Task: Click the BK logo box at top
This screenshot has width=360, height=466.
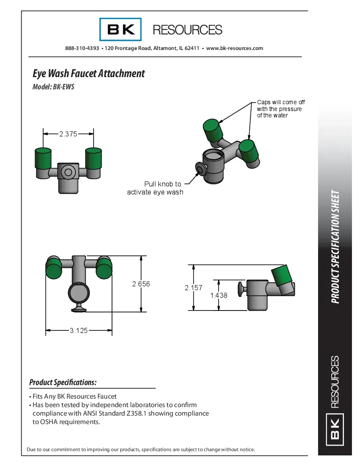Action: (120, 30)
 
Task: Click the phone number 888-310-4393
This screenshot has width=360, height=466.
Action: (82, 48)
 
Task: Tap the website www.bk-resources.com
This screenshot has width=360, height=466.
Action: (234, 48)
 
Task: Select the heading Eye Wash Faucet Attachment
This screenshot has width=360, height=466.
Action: (89, 74)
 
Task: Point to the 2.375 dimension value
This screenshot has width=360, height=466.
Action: (68, 134)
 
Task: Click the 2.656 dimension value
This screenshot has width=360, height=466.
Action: (141, 284)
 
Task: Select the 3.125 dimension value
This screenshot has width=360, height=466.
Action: (78, 330)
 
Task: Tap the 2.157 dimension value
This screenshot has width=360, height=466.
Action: (193, 288)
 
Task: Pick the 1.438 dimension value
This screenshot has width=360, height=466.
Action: (219, 296)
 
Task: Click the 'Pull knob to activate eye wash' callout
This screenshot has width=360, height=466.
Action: (155, 188)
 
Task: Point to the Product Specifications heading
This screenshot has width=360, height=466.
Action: (63, 383)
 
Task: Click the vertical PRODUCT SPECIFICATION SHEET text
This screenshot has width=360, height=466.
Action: (335, 247)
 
